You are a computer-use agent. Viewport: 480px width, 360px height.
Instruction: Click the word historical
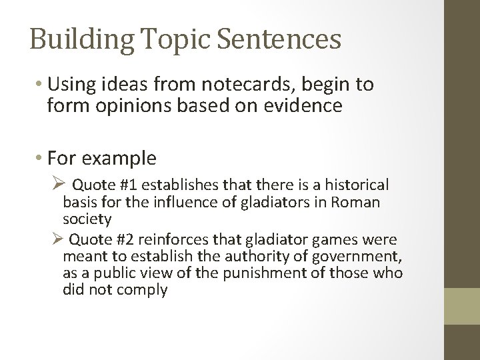point(357,184)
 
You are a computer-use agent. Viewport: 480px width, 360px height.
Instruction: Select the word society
point(87,219)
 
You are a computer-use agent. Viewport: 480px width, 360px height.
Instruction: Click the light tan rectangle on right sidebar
point(462,306)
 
